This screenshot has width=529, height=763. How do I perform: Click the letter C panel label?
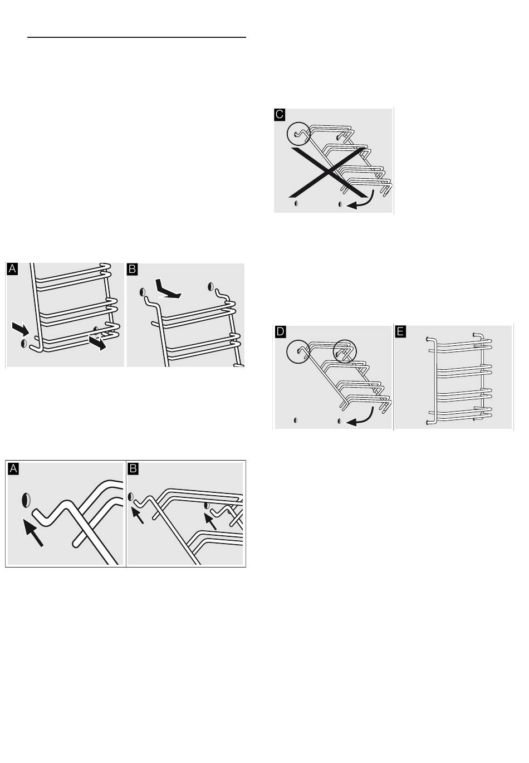click(280, 115)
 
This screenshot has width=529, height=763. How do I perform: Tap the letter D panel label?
click(280, 331)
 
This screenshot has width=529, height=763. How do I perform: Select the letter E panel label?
click(400, 331)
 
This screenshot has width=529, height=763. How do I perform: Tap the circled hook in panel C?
click(298, 134)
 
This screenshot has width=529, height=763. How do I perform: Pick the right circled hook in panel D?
click(344, 351)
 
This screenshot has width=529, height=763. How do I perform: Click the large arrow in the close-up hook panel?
click(34, 532)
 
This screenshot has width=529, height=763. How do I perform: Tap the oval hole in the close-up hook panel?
click(26, 500)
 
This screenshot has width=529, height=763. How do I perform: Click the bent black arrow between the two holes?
click(166, 290)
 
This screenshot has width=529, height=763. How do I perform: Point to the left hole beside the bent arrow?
click(143, 292)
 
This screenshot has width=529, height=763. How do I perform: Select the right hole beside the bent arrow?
click(211, 286)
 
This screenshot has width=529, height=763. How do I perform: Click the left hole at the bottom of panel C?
click(296, 203)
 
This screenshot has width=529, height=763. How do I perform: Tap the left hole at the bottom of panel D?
click(295, 420)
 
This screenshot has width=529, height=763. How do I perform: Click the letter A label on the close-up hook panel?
click(13, 469)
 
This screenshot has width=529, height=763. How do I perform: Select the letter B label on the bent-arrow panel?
click(132, 269)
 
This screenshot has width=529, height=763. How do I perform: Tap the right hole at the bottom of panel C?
click(340, 204)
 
